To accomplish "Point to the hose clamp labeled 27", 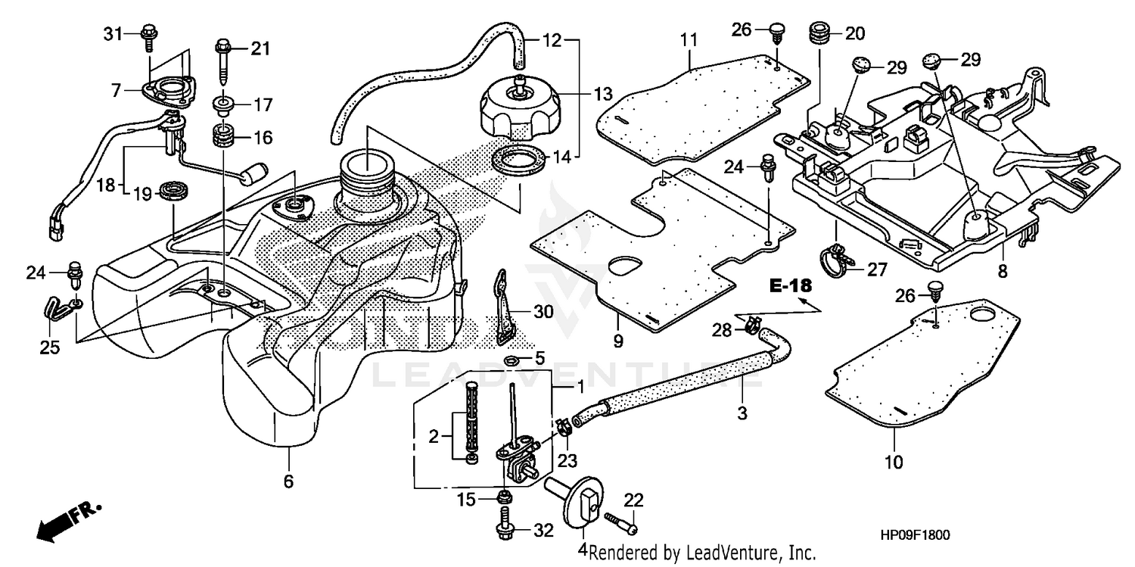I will [838, 258].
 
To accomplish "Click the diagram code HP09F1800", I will [915, 535].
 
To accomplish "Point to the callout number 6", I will [288, 481].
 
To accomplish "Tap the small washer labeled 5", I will [512, 357].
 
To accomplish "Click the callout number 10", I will [894, 462].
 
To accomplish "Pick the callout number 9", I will [618, 341].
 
